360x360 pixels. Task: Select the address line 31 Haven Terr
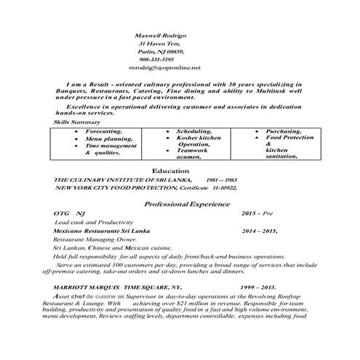[x=159, y=44]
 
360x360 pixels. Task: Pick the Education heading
[x=180, y=170]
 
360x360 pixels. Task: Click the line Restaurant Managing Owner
[x=95, y=239]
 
